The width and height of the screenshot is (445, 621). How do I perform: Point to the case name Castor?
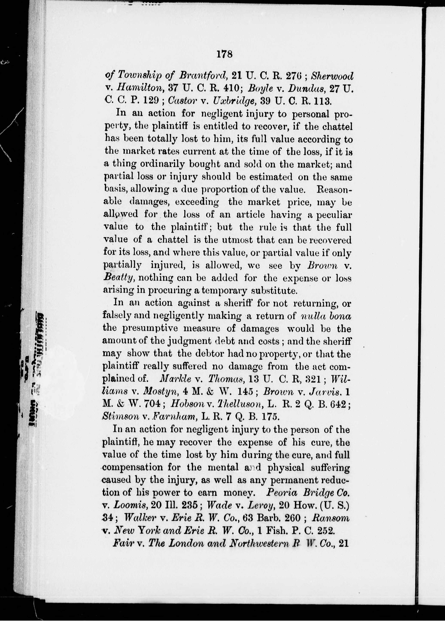[x=181, y=101]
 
